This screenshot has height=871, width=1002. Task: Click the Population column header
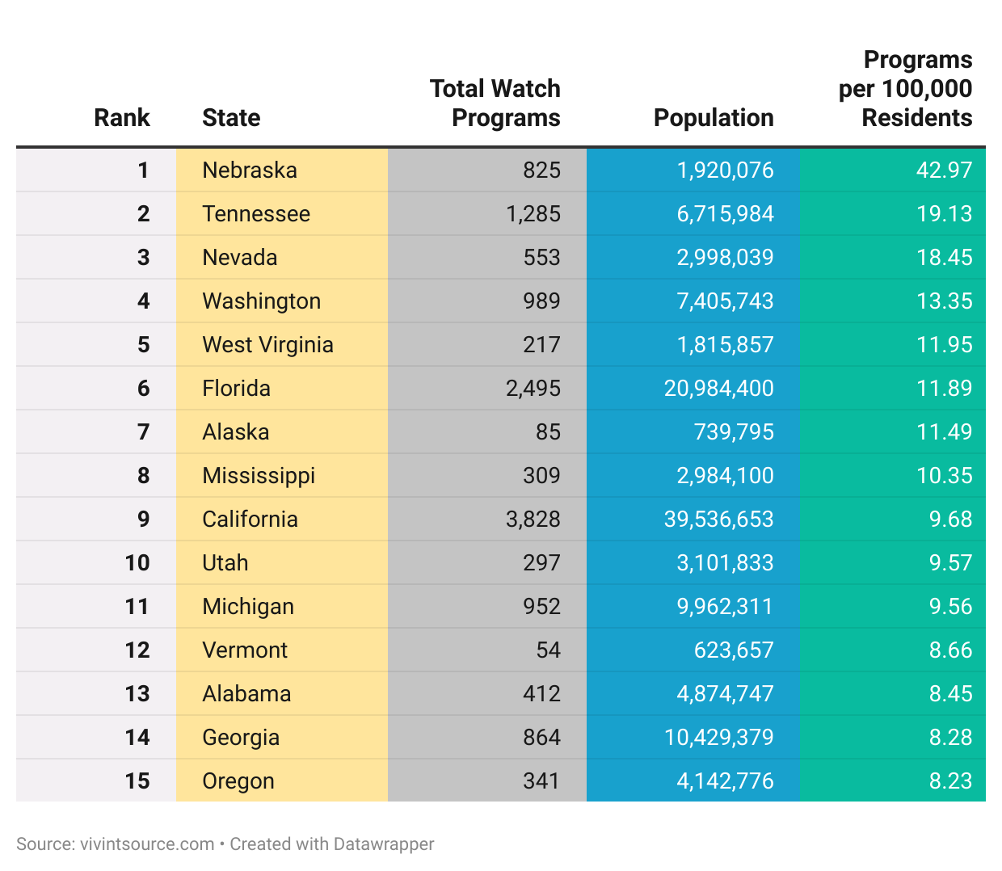[713, 118]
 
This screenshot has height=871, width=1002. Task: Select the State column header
[231, 118]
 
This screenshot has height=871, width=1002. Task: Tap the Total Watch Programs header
[495, 103]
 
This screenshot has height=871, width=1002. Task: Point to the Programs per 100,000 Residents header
[905, 89]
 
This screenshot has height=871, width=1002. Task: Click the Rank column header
[122, 118]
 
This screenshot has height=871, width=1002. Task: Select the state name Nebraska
[250, 170]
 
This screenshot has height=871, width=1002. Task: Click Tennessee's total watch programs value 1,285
[533, 214]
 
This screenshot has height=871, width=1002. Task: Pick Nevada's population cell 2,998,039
[725, 258]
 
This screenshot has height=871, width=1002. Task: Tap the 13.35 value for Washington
[944, 301]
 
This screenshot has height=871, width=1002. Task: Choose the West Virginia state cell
[267, 345]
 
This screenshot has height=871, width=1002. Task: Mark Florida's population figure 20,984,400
[718, 389]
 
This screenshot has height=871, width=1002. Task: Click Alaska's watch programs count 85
[548, 432]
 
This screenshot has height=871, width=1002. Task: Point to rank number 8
[143, 476]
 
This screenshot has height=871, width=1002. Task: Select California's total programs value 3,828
[533, 520]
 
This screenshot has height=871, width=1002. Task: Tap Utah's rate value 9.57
[950, 563]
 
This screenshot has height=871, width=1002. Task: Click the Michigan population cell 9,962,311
[725, 607]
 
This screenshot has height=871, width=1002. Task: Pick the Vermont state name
[245, 650]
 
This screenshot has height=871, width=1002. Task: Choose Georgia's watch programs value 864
[541, 738]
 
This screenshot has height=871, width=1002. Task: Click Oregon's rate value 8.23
[950, 781]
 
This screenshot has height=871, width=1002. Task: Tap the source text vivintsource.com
[146, 844]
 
